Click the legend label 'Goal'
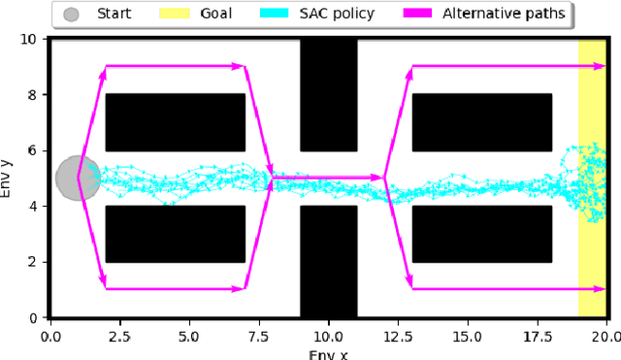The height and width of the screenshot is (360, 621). click(x=217, y=15)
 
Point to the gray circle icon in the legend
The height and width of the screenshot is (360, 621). click(x=71, y=15)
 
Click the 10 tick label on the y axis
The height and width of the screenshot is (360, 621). click(x=30, y=40)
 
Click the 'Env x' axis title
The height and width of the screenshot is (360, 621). click(x=328, y=354)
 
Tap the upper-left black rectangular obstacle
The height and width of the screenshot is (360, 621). click(x=176, y=122)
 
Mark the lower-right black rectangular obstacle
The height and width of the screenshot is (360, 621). click(x=482, y=234)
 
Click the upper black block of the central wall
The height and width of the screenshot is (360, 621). click(x=329, y=95)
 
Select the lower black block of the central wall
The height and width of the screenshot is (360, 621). click(x=329, y=261)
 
